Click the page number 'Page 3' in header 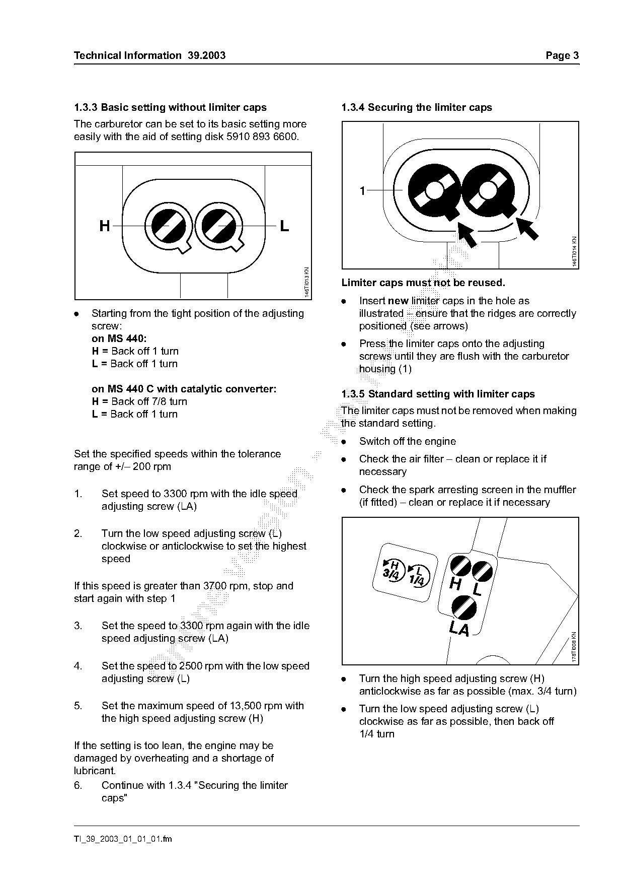562,55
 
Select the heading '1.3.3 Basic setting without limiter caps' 170,107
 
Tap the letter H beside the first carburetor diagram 105,226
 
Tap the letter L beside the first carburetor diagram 284,226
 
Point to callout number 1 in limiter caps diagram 362,191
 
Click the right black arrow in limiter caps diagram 528,228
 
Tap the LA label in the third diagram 459,629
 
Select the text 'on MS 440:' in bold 119,338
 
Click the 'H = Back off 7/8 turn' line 139,401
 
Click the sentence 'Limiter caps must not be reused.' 423,283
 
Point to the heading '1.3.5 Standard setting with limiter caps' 438,394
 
